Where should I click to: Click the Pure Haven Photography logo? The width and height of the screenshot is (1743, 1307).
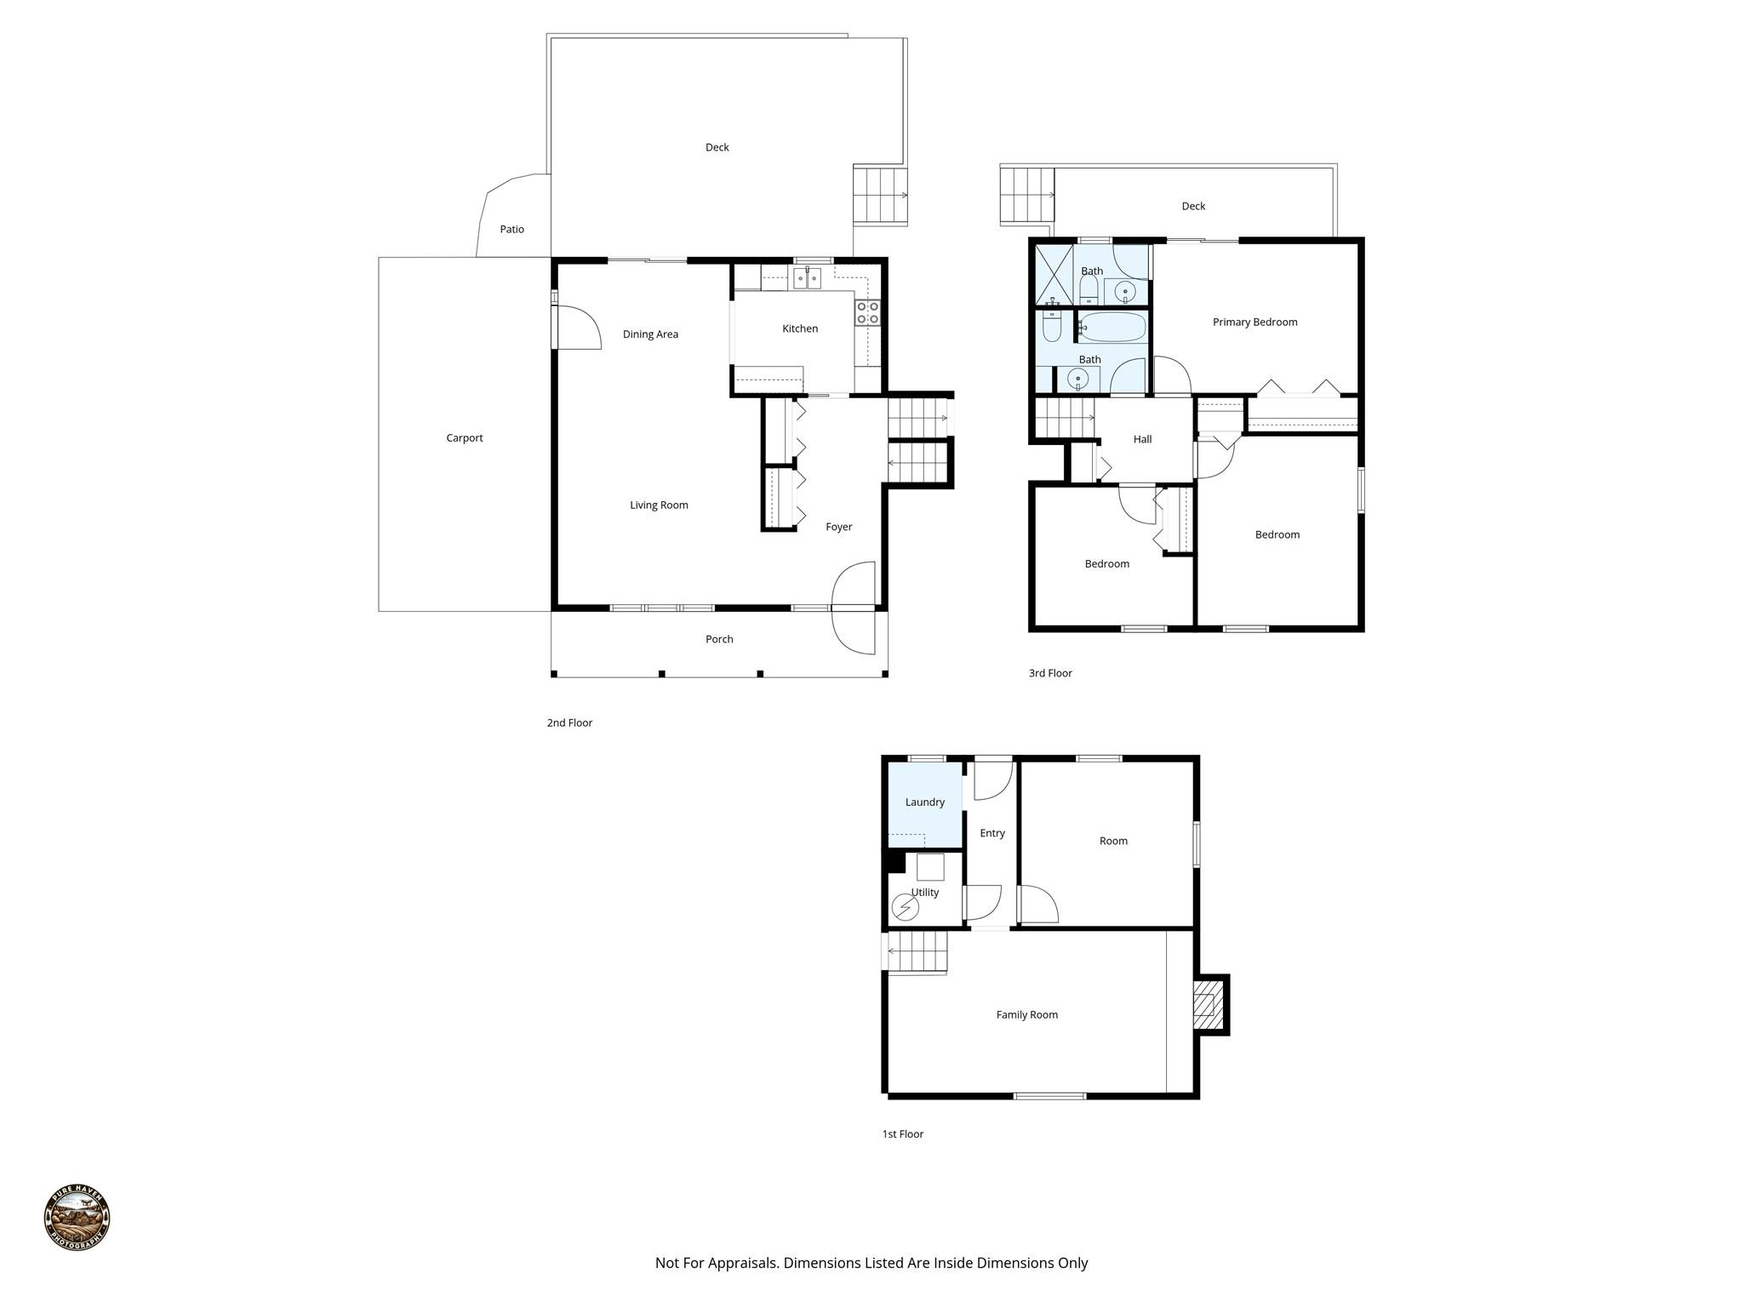pyautogui.click(x=77, y=1217)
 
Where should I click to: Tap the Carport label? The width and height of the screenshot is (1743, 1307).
pyautogui.click(x=464, y=438)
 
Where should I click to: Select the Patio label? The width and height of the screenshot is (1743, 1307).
pyautogui.click(x=511, y=229)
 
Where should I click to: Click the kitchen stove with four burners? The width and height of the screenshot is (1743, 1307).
pyautogui.click(x=867, y=312)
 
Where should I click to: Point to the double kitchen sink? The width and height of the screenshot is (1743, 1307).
pyautogui.click(x=807, y=278)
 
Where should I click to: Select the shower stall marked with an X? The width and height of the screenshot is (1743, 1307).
pyautogui.click(x=1053, y=275)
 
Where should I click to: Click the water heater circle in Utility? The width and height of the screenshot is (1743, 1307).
pyautogui.click(x=905, y=908)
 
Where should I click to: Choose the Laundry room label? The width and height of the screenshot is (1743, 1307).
pyautogui.click(x=924, y=802)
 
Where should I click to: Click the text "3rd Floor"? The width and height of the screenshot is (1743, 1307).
pyautogui.click(x=1050, y=673)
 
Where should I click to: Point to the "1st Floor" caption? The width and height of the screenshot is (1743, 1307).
pyautogui.click(x=902, y=1133)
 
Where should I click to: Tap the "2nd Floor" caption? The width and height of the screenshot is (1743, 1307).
pyautogui.click(x=569, y=722)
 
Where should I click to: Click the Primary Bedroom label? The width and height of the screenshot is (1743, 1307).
pyautogui.click(x=1254, y=322)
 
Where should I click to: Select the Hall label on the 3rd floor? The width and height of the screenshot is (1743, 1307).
pyautogui.click(x=1142, y=439)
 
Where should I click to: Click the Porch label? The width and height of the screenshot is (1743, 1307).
pyautogui.click(x=719, y=639)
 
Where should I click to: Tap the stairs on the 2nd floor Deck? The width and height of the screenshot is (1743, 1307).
pyautogui.click(x=879, y=195)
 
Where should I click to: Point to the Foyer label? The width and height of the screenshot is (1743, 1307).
pyautogui.click(x=838, y=527)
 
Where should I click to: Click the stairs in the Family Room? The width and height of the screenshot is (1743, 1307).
pyautogui.click(x=917, y=950)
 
